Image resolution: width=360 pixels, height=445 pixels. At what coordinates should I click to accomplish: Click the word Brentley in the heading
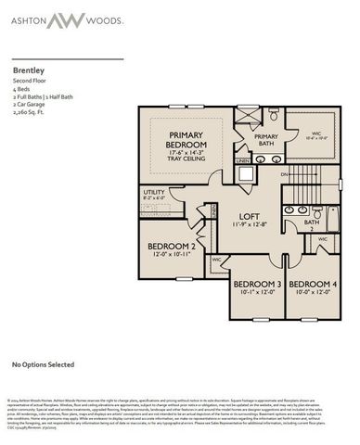coord(28,70)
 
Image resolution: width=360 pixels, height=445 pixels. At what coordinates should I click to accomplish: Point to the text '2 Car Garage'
coord(31,103)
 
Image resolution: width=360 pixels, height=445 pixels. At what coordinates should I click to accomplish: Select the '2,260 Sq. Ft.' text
coord(31,111)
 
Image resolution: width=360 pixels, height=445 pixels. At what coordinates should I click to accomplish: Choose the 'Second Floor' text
coord(29,81)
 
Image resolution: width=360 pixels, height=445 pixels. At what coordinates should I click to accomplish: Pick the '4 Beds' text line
coord(22,88)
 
